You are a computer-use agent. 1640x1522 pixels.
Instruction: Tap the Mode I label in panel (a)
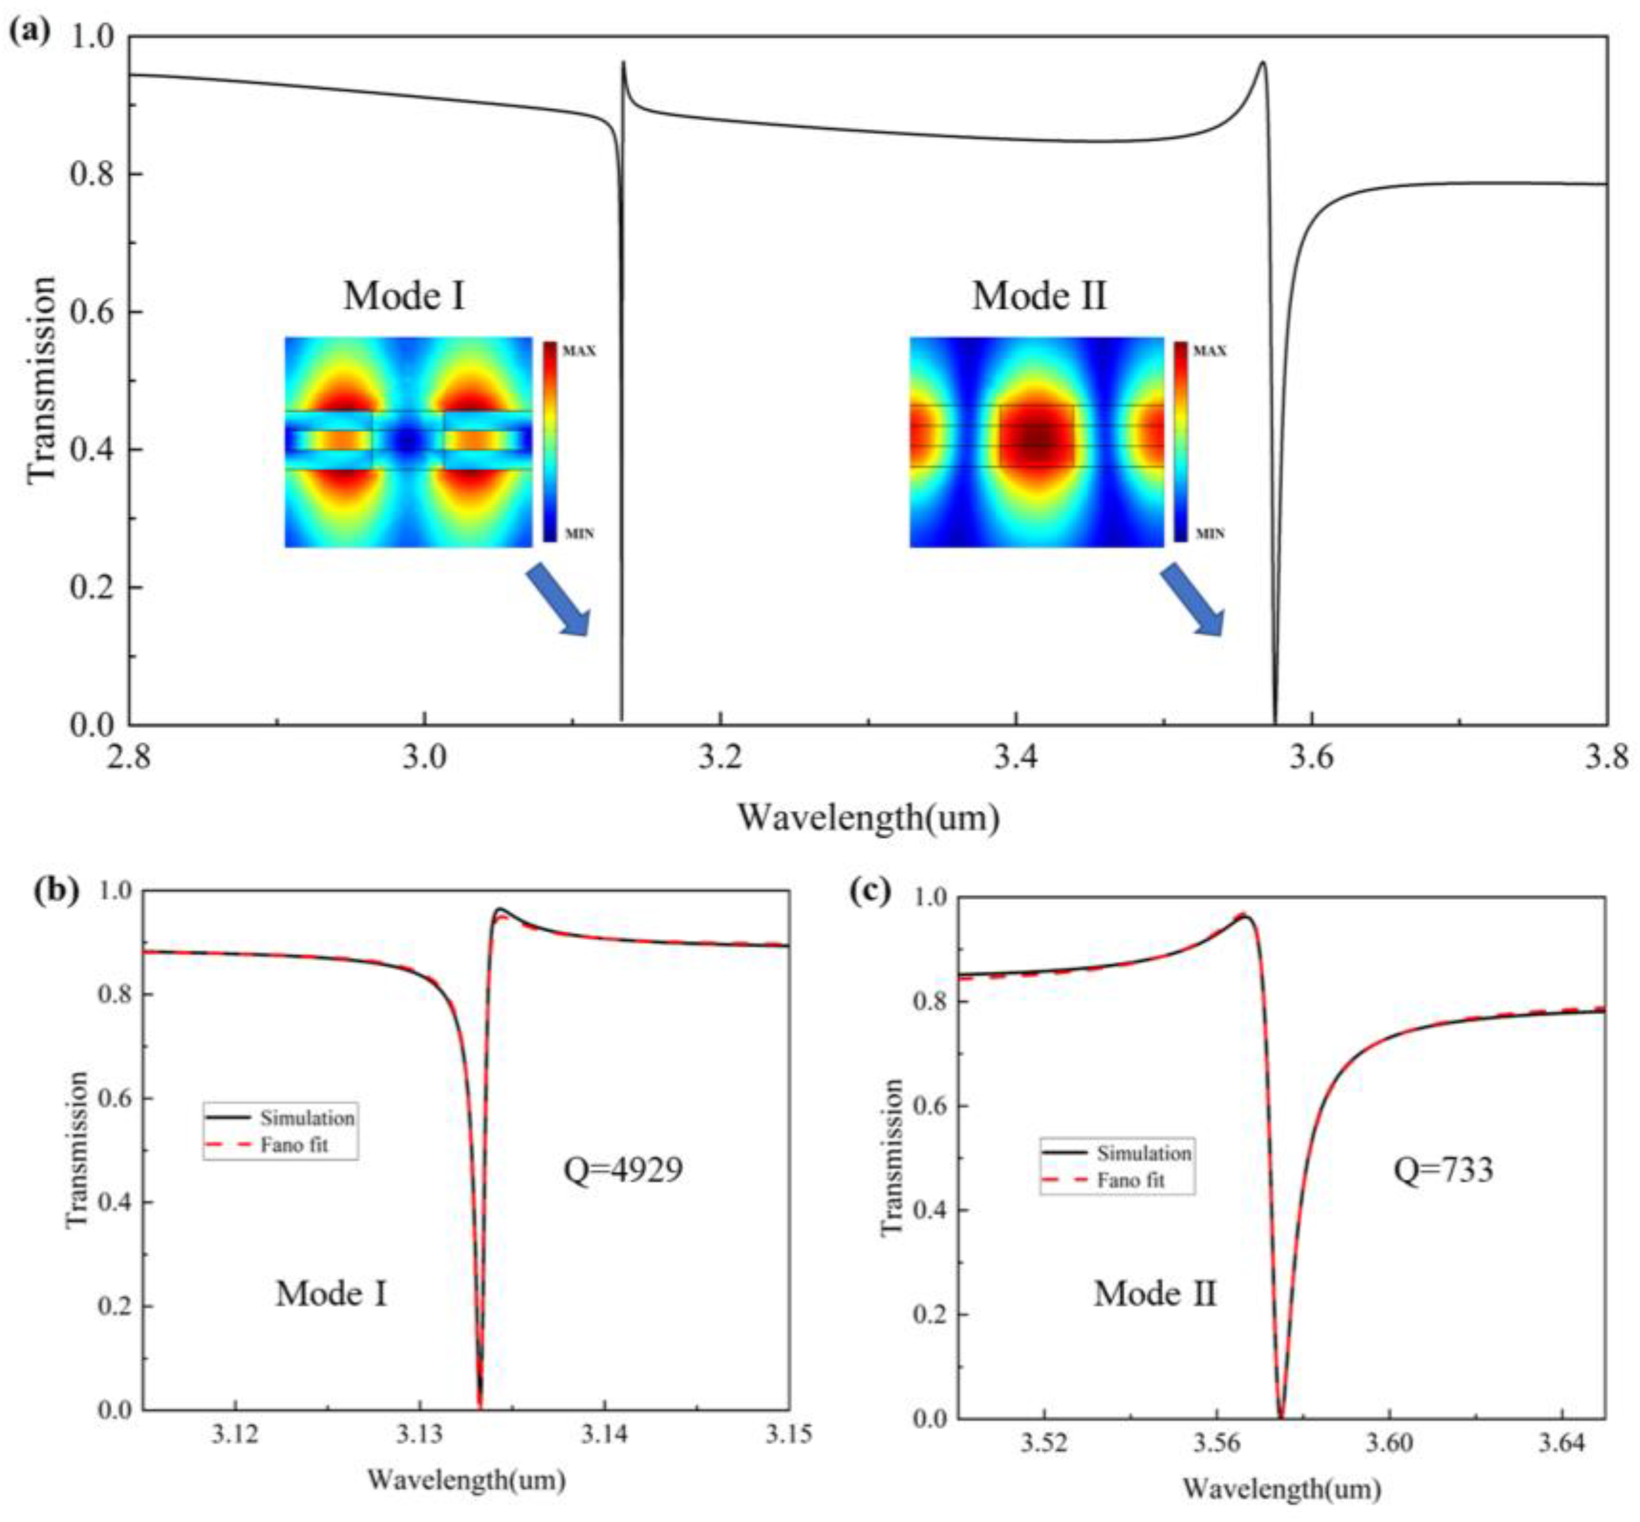click(403, 296)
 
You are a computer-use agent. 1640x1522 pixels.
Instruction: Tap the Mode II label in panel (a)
click(1039, 296)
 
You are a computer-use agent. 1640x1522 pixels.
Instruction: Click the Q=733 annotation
click(1443, 1170)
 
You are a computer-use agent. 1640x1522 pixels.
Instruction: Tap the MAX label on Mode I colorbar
click(579, 351)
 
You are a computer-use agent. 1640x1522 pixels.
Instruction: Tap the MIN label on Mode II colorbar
click(1210, 534)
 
